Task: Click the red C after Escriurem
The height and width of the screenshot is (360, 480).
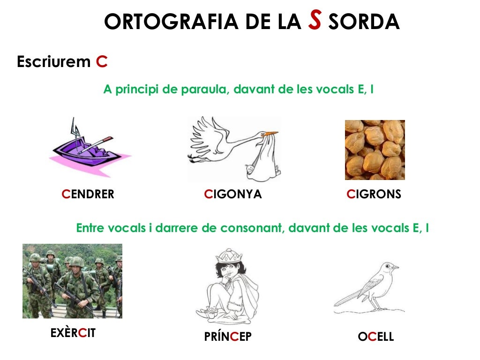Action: tap(102, 61)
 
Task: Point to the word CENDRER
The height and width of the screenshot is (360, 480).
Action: tap(88, 194)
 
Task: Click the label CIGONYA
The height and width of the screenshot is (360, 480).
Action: tap(233, 194)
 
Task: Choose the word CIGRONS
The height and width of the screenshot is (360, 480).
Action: tap(374, 194)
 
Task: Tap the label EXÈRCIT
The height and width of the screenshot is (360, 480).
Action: tap(73, 333)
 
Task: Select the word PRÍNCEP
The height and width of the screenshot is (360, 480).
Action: tap(228, 337)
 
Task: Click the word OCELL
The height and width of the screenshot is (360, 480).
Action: tap(375, 337)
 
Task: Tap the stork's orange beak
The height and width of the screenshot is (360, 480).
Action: tap(270, 134)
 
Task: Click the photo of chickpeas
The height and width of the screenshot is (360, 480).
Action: tap(375, 150)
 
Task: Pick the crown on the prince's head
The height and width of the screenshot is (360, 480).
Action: tap(228, 255)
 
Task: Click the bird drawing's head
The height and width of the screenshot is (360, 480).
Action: tap(388, 269)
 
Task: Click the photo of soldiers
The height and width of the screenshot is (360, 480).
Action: tap(72, 281)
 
